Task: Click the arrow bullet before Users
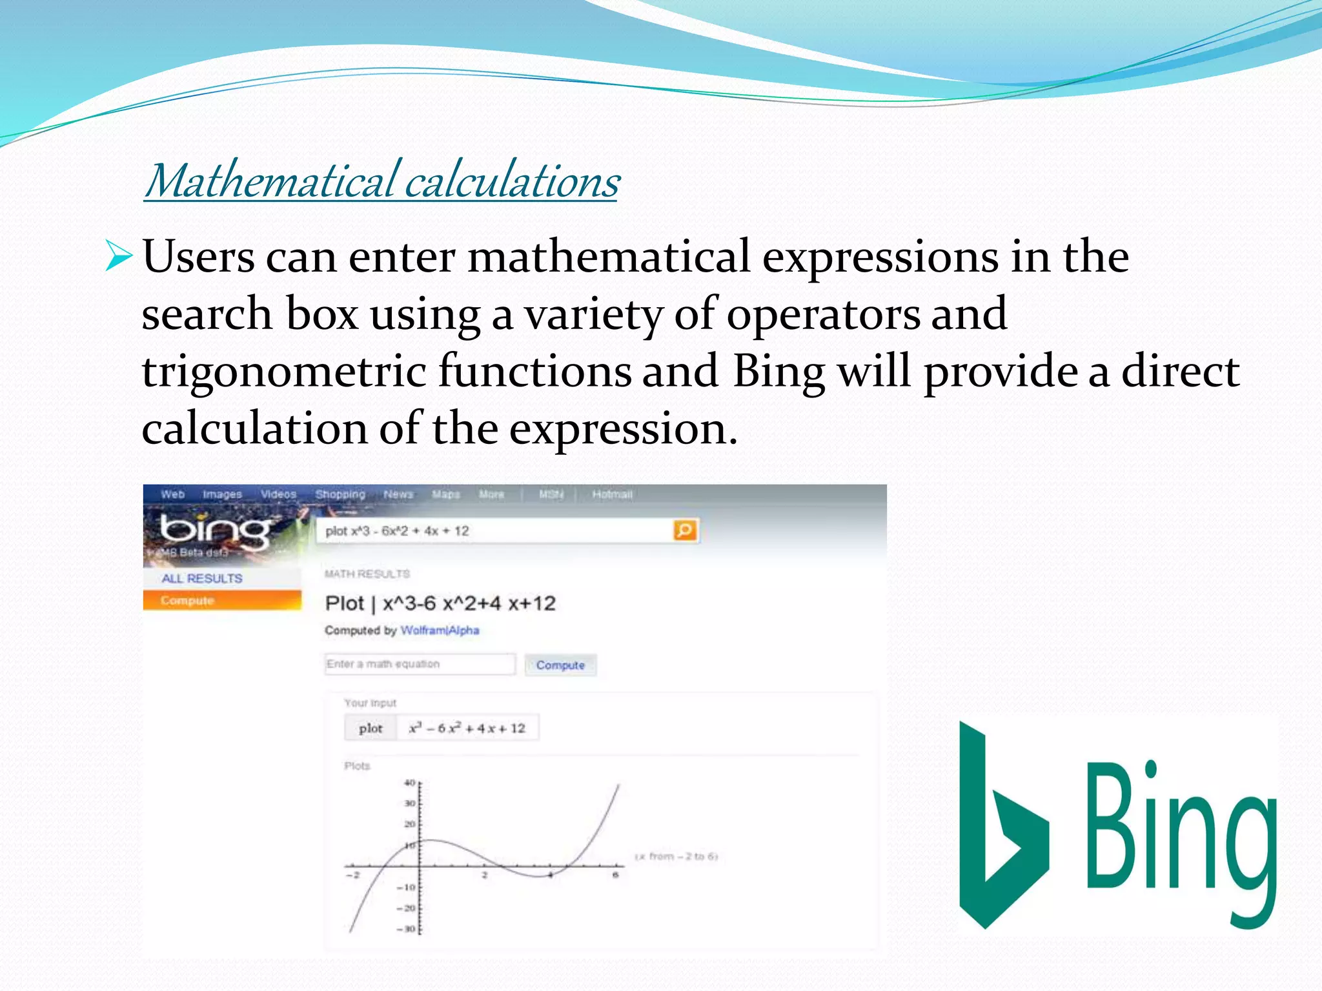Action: pos(119,256)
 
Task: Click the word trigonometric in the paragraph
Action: pos(284,372)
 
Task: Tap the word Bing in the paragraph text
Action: pos(778,372)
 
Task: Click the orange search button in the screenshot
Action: pos(685,530)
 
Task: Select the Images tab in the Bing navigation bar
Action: pos(222,494)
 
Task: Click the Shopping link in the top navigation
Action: pos(340,494)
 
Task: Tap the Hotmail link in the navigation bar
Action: pos(612,494)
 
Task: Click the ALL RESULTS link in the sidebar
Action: pos(202,578)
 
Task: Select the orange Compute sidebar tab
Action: pos(187,600)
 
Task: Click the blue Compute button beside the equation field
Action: pos(560,665)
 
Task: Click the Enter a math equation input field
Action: pos(420,664)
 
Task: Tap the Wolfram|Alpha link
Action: pos(440,630)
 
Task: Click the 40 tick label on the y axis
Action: pos(409,783)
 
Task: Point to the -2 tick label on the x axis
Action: pos(352,875)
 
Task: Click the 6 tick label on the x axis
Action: pos(616,875)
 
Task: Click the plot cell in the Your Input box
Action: pos(371,728)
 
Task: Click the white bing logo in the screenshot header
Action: pos(214,530)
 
